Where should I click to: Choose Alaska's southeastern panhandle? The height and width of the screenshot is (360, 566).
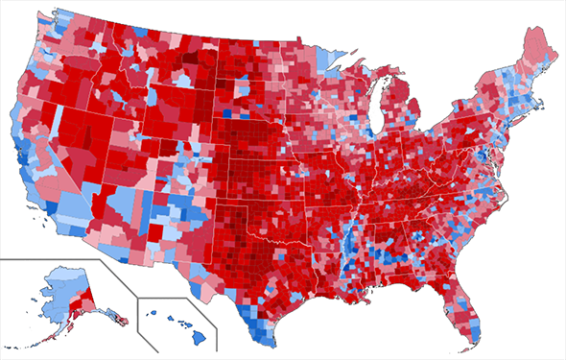[x=115, y=317]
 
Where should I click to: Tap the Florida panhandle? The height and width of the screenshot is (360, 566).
[x=408, y=270]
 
